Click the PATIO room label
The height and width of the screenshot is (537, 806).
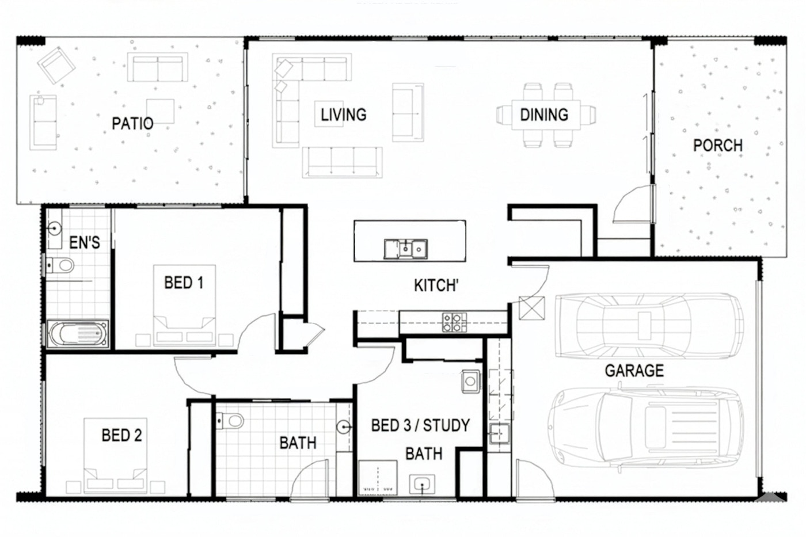132,123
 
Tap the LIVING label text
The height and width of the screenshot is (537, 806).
344,115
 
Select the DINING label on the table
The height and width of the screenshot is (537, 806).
544,115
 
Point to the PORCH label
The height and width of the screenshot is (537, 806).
718,145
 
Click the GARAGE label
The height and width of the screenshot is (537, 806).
634,371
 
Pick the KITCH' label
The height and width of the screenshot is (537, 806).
436,285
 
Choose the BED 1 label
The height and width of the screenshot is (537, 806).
184,283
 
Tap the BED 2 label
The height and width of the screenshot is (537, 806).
121,435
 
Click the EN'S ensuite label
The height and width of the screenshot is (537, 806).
85,242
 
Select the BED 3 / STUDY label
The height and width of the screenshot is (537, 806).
421,425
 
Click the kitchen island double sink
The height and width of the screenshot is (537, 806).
405,249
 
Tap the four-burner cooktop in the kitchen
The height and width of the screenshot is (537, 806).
454,322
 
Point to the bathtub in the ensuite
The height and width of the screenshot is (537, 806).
77,334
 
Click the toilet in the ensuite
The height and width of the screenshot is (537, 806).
60,266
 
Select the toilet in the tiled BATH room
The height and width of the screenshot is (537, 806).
230,421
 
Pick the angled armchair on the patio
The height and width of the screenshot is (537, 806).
56,66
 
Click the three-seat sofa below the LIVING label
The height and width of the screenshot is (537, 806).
342,162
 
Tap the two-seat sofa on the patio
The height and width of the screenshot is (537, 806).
158,67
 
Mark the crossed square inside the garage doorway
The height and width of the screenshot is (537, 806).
532,308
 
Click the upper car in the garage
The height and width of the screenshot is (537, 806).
649,326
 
